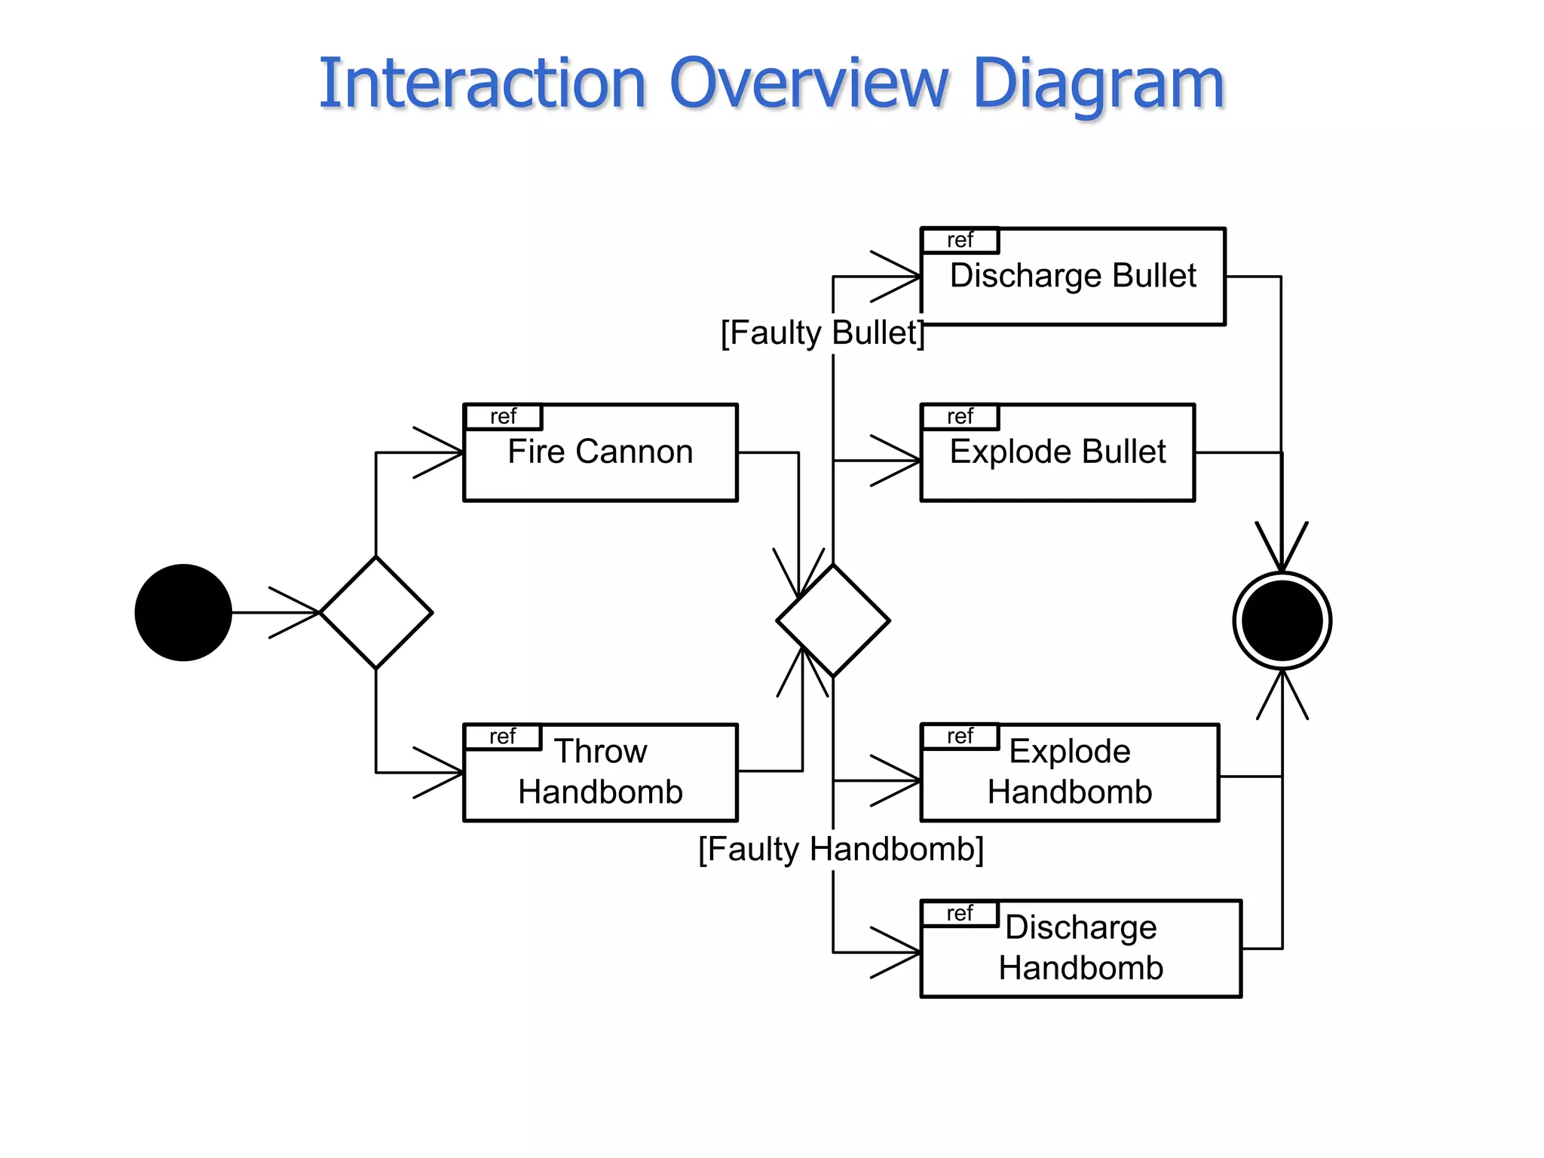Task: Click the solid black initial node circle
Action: click(x=183, y=612)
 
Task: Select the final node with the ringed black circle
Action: click(x=1282, y=620)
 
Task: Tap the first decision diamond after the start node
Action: click(x=376, y=612)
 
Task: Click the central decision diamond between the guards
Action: click(x=833, y=620)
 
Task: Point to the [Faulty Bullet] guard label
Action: click(x=822, y=332)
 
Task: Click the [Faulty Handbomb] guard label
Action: click(x=841, y=850)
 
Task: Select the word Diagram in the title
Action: click(x=1098, y=84)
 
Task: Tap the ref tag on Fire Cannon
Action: click(x=503, y=416)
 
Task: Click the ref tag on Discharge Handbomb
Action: click(x=960, y=913)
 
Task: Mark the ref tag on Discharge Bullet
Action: click(x=960, y=240)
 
